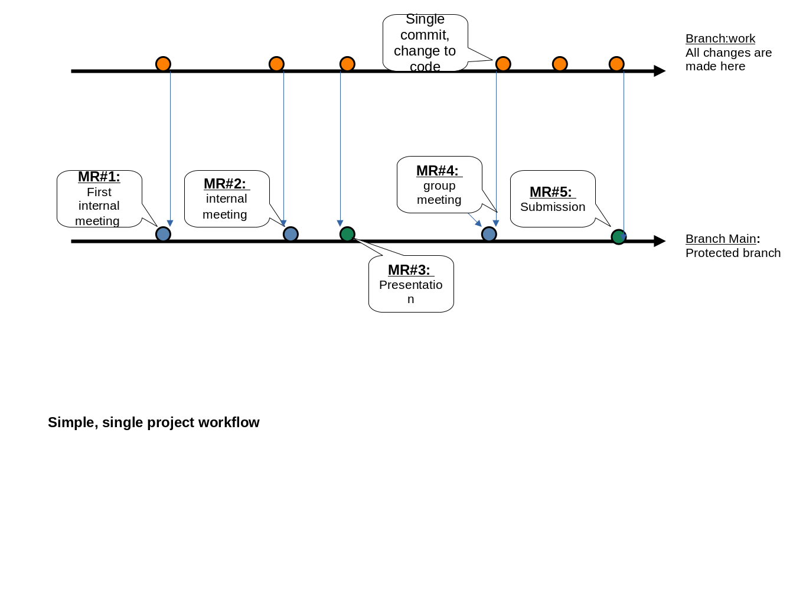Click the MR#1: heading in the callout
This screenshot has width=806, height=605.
[x=99, y=177]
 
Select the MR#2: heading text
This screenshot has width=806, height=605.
[x=225, y=184]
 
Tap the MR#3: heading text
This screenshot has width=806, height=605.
[x=409, y=270]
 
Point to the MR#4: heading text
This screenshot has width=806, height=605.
[x=438, y=171]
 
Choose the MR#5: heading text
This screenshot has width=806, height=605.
[x=551, y=192]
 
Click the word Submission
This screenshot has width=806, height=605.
[x=553, y=207]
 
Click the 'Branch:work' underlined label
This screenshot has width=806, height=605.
[x=720, y=38]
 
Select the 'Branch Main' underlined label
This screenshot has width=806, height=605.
[x=720, y=239]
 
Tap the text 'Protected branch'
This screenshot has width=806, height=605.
[x=733, y=253]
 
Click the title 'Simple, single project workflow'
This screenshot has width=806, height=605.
[x=154, y=422]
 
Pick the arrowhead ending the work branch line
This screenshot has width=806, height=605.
[x=660, y=71]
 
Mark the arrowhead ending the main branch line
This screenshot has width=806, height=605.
[x=660, y=241]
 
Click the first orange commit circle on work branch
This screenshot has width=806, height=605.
[x=163, y=64]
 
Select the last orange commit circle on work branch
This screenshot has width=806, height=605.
[x=616, y=64]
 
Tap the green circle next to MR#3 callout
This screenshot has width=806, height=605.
[x=347, y=235]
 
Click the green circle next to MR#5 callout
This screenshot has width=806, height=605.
[x=618, y=237]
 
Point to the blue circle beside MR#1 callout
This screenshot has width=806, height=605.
[x=163, y=235]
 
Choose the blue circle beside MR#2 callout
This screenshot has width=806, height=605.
[x=291, y=235]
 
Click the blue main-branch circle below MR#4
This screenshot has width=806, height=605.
[x=489, y=235]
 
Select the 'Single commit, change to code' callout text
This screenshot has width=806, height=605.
[x=425, y=43]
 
